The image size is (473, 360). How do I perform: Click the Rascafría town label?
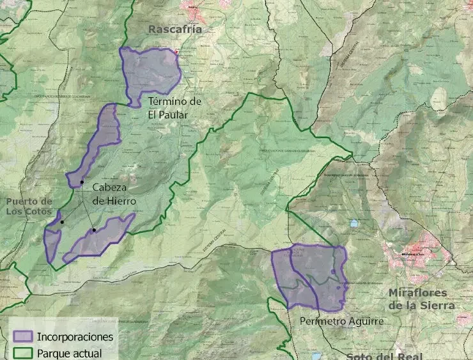pyautogui.click(x=174, y=29)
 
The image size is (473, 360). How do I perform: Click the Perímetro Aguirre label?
pyautogui.click(x=341, y=321)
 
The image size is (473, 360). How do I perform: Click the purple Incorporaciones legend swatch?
pyautogui.click(x=23, y=336)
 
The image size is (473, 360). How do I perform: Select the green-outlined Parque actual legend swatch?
pyautogui.click(x=23, y=352)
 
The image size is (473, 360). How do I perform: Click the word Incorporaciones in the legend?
pyautogui.click(x=75, y=336)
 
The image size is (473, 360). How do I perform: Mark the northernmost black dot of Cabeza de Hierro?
pyautogui.click(x=82, y=184)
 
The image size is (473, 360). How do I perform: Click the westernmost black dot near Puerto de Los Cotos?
pyautogui.click(x=62, y=222)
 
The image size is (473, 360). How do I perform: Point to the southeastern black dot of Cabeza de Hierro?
pyautogui.click(x=94, y=230)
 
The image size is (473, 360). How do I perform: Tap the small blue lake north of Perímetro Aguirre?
pyautogui.click(x=353, y=223)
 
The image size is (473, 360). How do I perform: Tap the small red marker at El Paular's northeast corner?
pyautogui.click(x=178, y=52)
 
